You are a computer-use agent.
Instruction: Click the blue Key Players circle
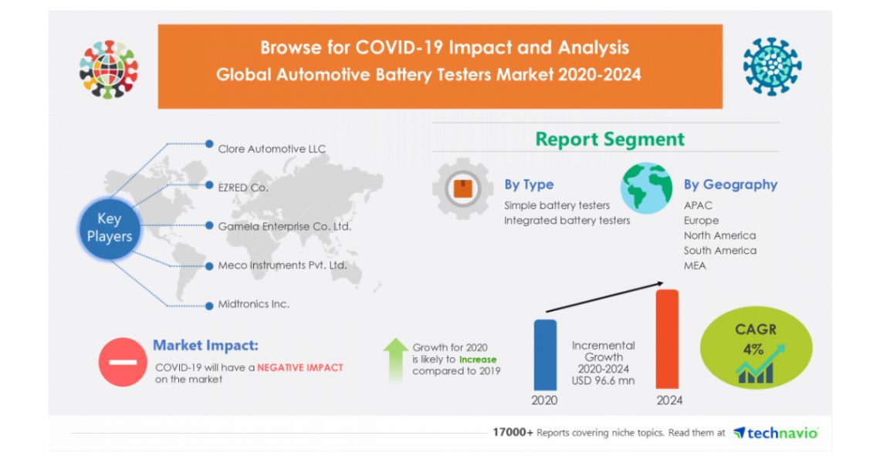click(109, 228)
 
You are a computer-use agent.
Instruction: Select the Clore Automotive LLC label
click(272, 149)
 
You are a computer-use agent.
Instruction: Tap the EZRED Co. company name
click(243, 186)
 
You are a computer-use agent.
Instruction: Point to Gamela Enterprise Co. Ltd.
click(284, 226)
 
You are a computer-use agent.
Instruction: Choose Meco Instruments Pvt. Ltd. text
click(282, 265)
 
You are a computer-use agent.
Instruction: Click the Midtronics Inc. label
click(253, 304)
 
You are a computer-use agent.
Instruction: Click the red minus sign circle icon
click(121, 362)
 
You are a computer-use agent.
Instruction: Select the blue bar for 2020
click(544, 354)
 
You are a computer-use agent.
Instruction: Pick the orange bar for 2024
click(666, 339)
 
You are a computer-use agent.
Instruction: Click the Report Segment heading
click(609, 140)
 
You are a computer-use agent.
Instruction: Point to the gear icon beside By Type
click(462, 188)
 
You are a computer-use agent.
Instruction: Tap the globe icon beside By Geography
click(646, 188)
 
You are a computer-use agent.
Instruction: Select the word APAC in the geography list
click(698, 205)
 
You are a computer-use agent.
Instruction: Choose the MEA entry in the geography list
click(694, 266)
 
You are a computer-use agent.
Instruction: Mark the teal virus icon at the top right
click(771, 66)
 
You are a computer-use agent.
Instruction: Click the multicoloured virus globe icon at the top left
click(108, 69)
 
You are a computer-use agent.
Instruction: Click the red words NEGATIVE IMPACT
click(300, 367)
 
